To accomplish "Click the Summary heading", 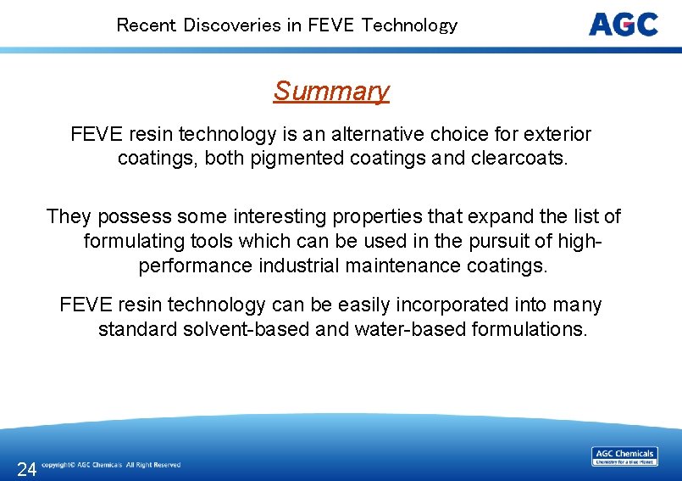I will click(331, 91).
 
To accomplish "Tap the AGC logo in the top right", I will click(624, 24).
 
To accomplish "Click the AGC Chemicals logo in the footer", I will click(624, 456).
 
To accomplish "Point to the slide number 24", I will click(26, 469).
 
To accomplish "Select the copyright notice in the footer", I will click(111, 465).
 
